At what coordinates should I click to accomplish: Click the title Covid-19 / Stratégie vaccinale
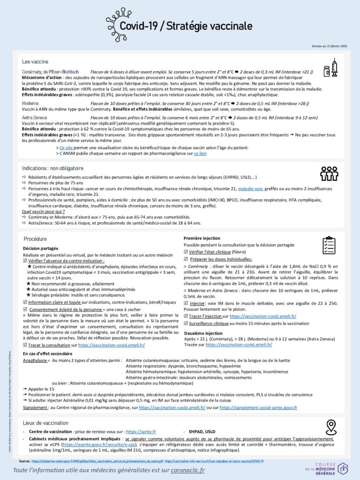pyautogui.click(x=186, y=26)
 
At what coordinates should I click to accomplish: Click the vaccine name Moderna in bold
pyautogui.click(x=30, y=103)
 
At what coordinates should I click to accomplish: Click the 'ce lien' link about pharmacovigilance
pyautogui.click(x=200, y=153)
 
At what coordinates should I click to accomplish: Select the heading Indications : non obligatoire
pyautogui.click(x=52, y=168)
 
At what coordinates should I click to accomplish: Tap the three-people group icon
pyautogui.click(x=329, y=173)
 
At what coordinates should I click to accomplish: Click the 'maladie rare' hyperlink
pyautogui.click(x=250, y=188)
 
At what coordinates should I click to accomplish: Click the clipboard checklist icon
pyautogui.click(x=329, y=245)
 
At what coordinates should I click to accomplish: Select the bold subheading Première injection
pyautogui.click(x=202, y=239)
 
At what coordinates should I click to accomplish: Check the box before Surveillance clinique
pyautogui.click(x=186, y=323)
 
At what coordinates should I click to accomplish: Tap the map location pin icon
pyautogui.click(x=331, y=427)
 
